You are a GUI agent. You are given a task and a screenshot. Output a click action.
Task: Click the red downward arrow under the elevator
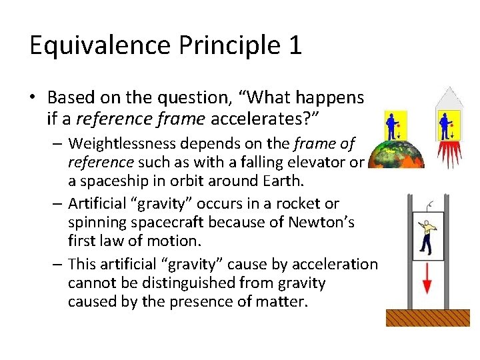tap(428, 279)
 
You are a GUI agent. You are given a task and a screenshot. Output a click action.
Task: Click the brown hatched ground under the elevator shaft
tap(427, 318)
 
